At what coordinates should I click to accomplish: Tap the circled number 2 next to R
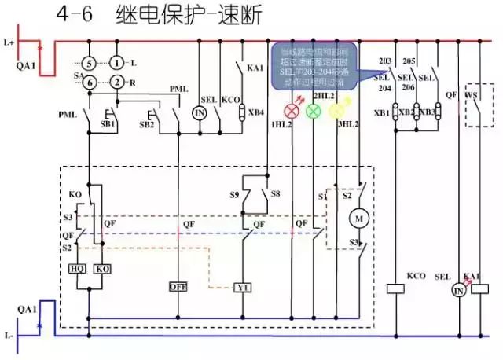click(x=116, y=82)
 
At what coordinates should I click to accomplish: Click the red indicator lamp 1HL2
click(x=292, y=109)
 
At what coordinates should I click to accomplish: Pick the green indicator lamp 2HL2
click(x=314, y=110)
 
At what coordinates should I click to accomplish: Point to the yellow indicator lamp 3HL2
click(x=336, y=110)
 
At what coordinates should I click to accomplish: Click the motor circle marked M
click(x=358, y=216)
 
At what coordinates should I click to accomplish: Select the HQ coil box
click(x=78, y=269)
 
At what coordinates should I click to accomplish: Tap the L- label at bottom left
click(x=9, y=335)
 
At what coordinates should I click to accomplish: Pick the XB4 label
click(x=256, y=113)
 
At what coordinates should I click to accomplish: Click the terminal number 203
click(x=385, y=61)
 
